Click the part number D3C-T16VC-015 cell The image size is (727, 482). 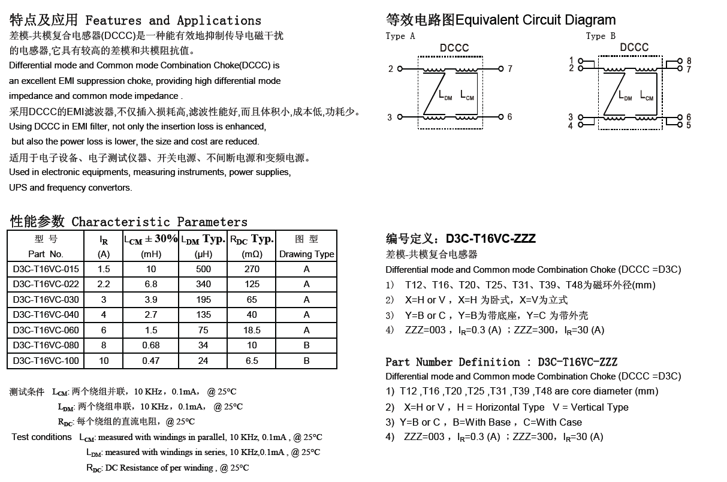(x=46, y=269)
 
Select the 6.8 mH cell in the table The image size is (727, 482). (x=151, y=284)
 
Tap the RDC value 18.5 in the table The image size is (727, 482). (x=252, y=330)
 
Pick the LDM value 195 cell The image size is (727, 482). (x=204, y=300)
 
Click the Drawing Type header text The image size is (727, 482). (x=306, y=254)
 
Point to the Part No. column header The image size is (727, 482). (x=46, y=254)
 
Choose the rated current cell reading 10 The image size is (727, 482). (x=104, y=361)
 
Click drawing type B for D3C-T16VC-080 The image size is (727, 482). (x=306, y=345)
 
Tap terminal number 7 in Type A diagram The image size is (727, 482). (x=510, y=69)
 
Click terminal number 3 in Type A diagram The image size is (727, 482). (x=390, y=118)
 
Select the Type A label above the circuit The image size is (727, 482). (x=400, y=36)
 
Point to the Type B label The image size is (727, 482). (x=601, y=36)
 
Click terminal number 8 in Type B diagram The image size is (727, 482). (x=689, y=61)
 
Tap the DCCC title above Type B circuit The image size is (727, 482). (x=634, y=47)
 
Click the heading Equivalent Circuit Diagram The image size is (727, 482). (x=535, y=20)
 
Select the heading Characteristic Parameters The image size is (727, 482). (x=159, y=222)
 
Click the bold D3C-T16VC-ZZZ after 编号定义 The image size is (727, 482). (x=490, y=239)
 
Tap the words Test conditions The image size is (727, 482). (x=42, y=437)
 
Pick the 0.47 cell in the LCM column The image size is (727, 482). (x=151, y=361)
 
